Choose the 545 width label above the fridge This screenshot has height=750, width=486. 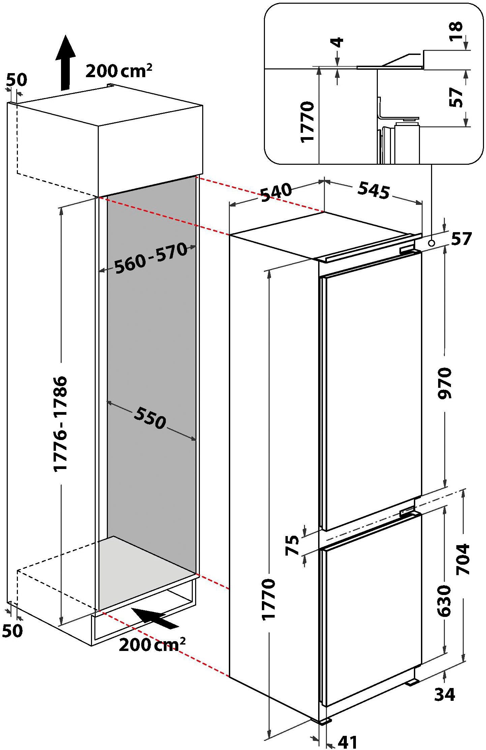coord(373,190)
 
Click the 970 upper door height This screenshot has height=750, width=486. coord(444,383)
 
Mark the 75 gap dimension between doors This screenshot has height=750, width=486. coord(292,545)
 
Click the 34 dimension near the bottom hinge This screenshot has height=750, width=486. coord(445,694)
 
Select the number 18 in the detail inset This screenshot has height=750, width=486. coord(457,31)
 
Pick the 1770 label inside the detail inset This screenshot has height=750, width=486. coord(308,122)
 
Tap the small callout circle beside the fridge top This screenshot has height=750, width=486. coord(432,243)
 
